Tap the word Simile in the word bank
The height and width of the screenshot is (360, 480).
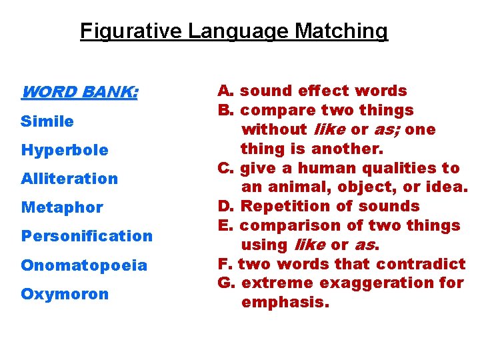pyautogui.click(x=47, y=121)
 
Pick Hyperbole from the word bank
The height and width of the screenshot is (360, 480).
pyautogui.click(x=65, y=150)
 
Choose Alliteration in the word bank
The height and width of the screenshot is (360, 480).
pyautogui.click(x=69, y=179)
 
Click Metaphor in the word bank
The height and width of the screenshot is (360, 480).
pyautogui.click(x=62, y=207)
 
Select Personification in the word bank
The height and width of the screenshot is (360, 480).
pyautogui.click(x=87, y=236)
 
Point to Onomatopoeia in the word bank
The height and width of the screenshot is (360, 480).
pyautogui.click(x=84, y=265)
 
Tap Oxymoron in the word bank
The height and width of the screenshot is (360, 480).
pyautogui.click(x=65, y=294)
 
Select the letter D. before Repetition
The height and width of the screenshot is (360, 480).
pyautogui.click(x=225, y=207)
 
